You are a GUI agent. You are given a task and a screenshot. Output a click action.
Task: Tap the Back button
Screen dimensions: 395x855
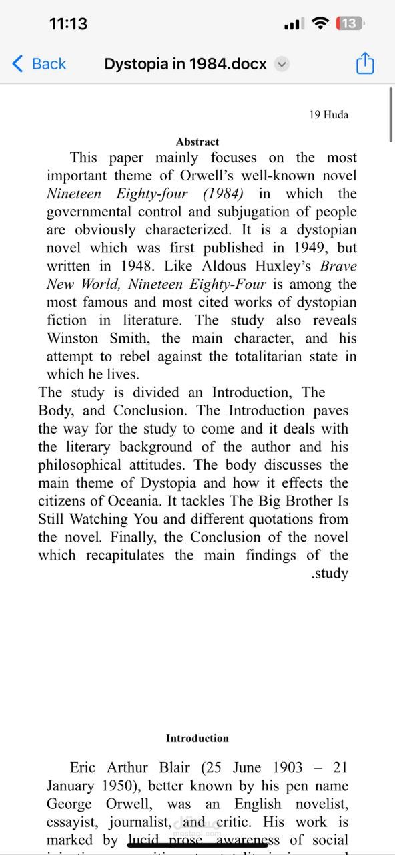pyautogui.click(x=39, y=64)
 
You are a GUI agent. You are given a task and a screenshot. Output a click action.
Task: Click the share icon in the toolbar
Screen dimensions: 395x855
pyautogui.click(x=365, y=64)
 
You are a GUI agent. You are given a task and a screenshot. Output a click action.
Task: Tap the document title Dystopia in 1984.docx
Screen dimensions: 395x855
pyautogui.click(x=185, y=64)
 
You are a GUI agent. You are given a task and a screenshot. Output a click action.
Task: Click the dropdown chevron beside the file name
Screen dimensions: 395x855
pyautogui.click(x=282, y=65)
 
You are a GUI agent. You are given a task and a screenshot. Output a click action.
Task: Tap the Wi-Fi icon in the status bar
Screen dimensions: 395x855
pyautogui.click(x=320, y=24)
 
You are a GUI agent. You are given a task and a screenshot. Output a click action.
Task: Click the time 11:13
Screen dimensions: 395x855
pyautogui.click(x=68, y=24)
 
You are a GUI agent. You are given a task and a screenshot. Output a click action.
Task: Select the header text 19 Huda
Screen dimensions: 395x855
pyautogui.click(x=328, y=114)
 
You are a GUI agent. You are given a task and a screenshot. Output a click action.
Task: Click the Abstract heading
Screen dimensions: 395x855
pyautogui.click(x=197, y=142)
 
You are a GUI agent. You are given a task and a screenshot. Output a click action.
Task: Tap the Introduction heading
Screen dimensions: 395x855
pyautogui.click(x=197, y=738)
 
